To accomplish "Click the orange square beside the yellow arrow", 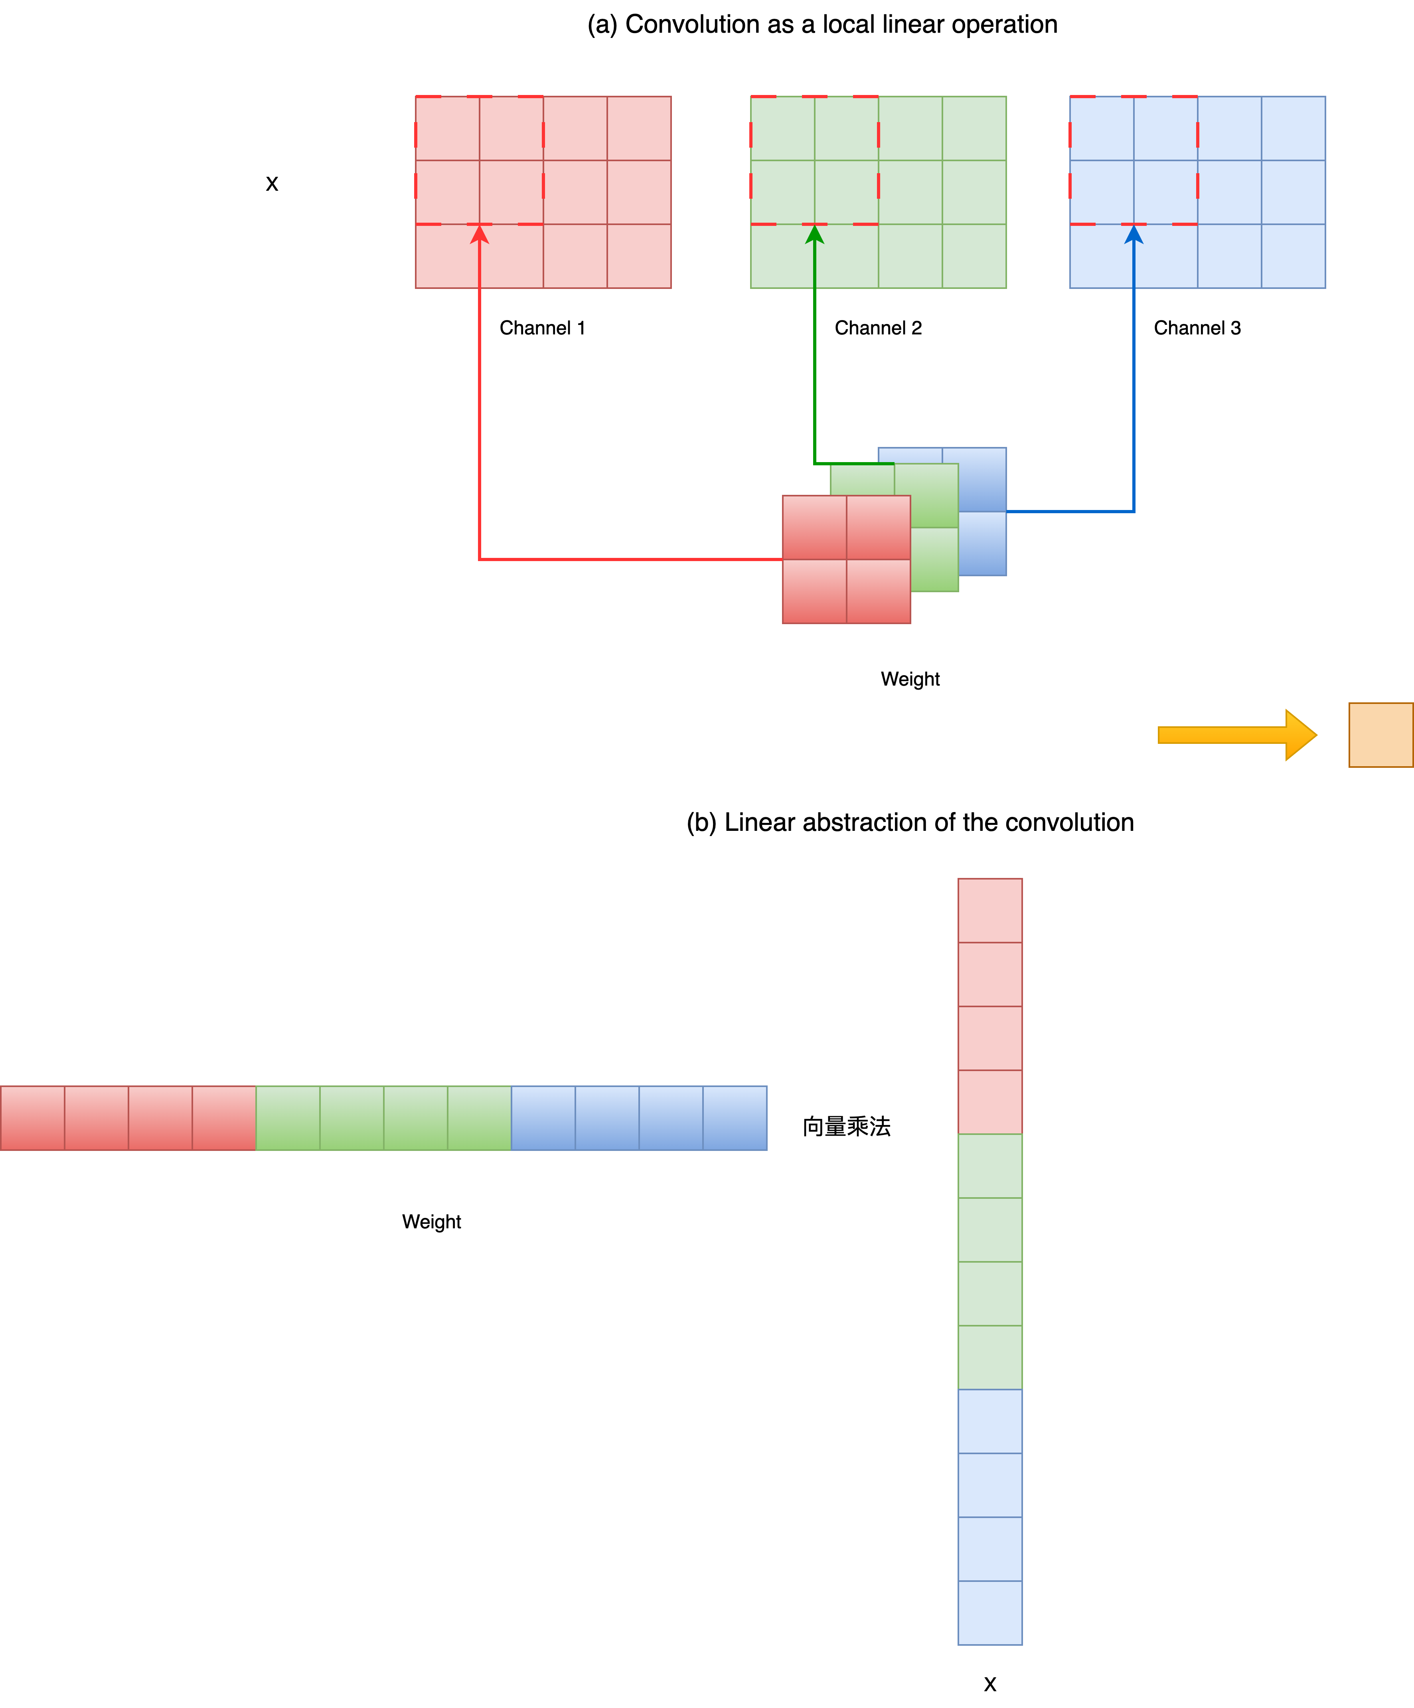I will coord(1380,734).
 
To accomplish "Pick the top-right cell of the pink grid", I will coord(639,128).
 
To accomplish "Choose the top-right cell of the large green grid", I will coord(974,128).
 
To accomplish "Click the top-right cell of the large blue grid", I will coord(1293,128).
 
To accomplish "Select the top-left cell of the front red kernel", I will coord(814,527).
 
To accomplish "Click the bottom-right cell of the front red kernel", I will coord(878,591).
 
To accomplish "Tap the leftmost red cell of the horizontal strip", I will coord(33,1117).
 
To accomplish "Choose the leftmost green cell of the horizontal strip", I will coord(288,1117).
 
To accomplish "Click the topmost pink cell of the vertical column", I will coord(989,910).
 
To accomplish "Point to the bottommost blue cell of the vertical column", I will coord(989,1613).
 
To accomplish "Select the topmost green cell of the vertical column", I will coord(989,1166).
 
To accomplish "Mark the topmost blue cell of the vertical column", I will coord(989,1421).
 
